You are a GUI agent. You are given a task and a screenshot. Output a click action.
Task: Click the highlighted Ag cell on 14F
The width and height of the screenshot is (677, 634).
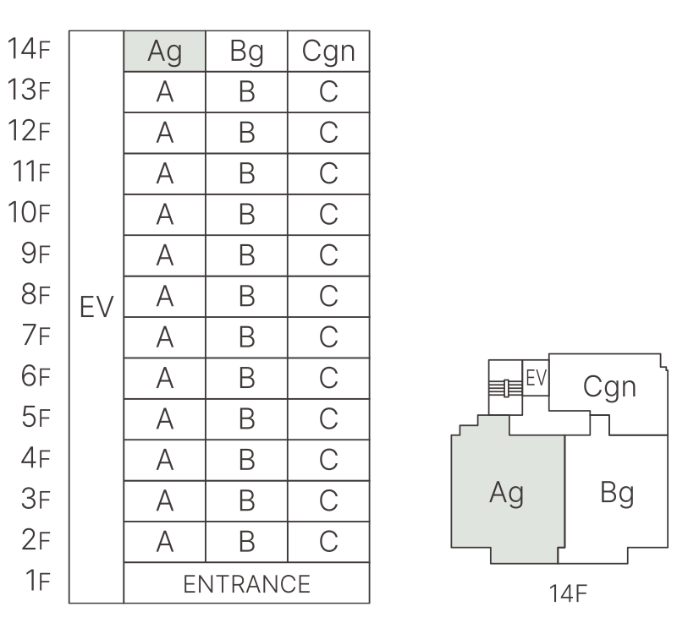click(165, 52)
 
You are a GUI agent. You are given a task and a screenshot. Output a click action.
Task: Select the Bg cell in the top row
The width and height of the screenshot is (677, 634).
click(246, 52)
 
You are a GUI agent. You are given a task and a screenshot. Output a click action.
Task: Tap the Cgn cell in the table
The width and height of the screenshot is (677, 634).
click(328, 52)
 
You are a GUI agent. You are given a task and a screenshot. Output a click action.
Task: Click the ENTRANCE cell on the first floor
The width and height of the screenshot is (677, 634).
click(246, 583)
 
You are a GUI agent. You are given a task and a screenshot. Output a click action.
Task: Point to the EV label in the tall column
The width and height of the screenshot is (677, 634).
click(96, 307)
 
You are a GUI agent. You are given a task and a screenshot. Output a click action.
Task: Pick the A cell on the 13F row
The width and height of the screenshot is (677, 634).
click(165, 93)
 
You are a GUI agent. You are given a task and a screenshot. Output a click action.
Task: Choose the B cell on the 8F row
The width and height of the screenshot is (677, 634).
click(246, 297)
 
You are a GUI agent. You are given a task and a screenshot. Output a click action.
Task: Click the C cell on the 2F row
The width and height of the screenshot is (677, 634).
click(328, 542)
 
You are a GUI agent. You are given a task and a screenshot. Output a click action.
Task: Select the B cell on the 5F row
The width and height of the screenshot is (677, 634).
click(246, 419)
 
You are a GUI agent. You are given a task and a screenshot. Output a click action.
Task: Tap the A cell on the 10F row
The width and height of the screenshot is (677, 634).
click(165, 216)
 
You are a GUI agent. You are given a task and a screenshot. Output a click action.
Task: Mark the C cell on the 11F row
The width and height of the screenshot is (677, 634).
click(328, 174)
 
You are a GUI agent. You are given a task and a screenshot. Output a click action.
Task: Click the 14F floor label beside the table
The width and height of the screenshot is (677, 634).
click(30, 52)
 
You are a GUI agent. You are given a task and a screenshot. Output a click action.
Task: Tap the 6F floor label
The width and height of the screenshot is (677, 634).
click(35, 378)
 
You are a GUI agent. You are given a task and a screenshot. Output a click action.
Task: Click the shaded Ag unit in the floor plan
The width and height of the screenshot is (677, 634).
click(506, 493)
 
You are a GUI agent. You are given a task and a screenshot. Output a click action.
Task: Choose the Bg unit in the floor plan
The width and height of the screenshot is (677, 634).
click(616, 493)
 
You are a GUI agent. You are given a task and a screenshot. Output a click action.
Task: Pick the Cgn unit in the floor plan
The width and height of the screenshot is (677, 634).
click(608, 386)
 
